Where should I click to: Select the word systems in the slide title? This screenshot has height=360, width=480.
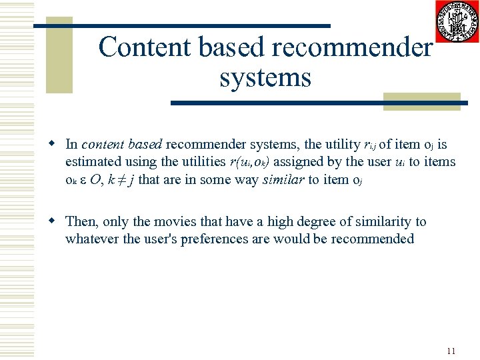(265, 77)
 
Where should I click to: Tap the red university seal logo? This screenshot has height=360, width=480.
(457, 21)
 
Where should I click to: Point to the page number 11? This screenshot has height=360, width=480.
(451, 351)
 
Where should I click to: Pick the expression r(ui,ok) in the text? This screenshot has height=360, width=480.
(249, 162)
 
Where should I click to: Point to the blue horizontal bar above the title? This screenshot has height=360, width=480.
(182, 26)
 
